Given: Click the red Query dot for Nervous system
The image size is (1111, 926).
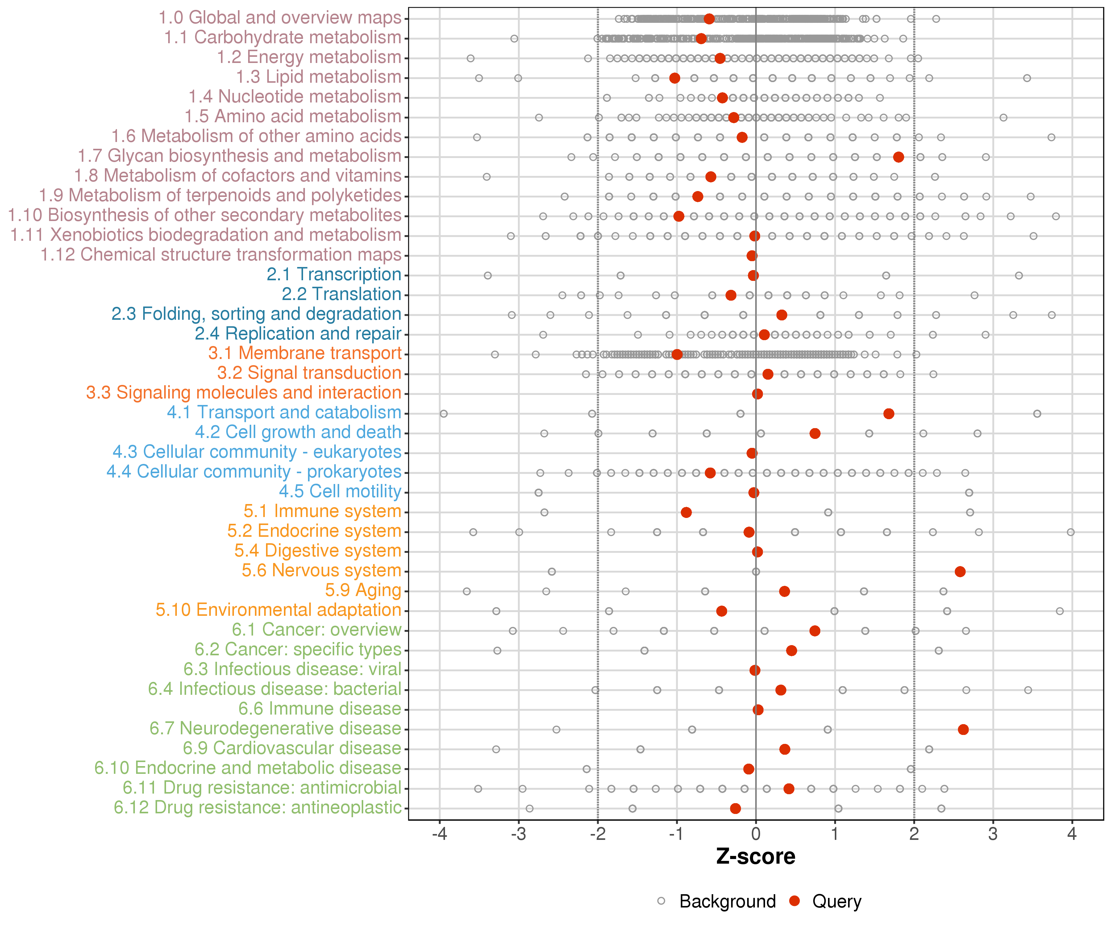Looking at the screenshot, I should click(x=960, y=571).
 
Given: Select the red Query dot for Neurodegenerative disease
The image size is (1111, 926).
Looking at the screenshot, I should click(x=963, y=730).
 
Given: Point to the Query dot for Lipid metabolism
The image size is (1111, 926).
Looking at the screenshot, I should click(x=675, y=78).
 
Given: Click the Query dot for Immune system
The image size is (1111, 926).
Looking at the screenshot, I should click(x=686, y=512).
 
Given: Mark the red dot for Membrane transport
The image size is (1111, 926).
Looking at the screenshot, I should click(x=677, y=354).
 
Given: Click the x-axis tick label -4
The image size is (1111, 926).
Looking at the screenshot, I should click(x=440, y=834).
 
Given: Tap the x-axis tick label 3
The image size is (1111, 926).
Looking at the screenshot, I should click(x=993, y=834).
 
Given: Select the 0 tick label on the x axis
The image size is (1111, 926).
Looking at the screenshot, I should click(x=756, y=834).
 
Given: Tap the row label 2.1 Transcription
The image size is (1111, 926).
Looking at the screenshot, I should click(x=334, y=275).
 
